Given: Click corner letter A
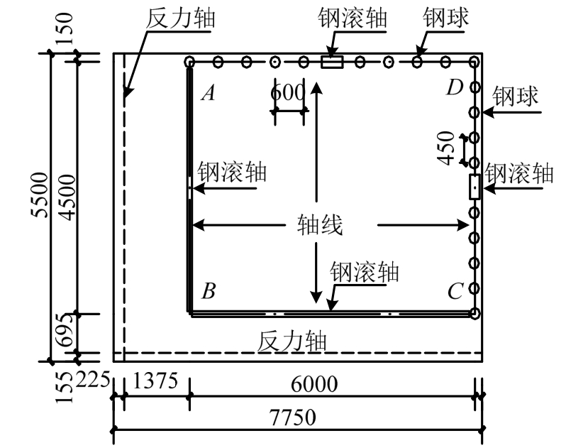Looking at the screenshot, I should pos(208,93).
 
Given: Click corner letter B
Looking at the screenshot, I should pos(209,290).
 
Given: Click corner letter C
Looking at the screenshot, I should pos(455,291).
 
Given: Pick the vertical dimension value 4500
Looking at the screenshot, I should pos(67,195).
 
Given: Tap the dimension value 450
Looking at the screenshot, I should pos(446,148).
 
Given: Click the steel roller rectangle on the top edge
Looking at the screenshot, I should pos(332,62).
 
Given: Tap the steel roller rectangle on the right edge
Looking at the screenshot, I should pos(475,187).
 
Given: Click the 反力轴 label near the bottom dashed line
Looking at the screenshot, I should pos(292,341).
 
